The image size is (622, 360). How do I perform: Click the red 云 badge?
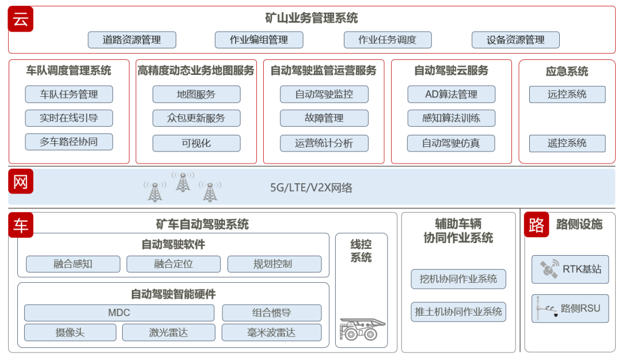21,19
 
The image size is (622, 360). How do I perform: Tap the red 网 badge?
21,182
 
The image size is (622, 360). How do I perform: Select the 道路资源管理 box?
132,40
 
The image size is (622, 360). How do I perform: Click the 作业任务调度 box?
387,40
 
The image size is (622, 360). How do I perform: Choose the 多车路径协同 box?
69,142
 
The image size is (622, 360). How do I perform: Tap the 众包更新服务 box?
196,118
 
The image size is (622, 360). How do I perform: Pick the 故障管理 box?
324,118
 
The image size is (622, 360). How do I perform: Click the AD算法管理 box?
451,94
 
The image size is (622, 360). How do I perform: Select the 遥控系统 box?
567,143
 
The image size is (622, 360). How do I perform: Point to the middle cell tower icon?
183,182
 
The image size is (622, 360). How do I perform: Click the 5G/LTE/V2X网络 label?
311,187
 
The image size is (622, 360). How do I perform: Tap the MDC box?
119,313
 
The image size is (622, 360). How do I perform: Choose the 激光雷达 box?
169,332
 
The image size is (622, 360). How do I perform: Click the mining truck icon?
362,329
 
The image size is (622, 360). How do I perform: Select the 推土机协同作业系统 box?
458,312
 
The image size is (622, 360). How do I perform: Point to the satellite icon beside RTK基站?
549,269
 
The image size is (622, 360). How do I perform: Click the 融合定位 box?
173,264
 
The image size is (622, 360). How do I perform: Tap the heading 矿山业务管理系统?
311,18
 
